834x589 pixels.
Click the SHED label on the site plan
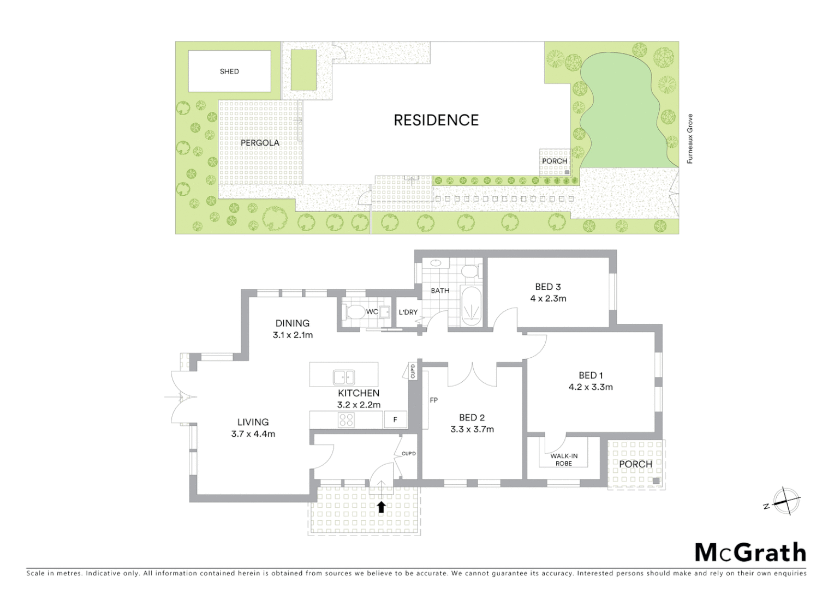pos(229,71)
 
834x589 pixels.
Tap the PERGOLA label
pos(260,143)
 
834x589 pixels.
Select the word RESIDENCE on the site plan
pos(436,121)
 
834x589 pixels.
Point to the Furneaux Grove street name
pos(690,139)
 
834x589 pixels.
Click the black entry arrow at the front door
pos(381,507)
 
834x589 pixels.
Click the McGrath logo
pos(750,552)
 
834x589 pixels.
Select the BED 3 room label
pos(547,287)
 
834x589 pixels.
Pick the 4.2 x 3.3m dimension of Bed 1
pos(591,387)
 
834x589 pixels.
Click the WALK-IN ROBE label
pos(564,460)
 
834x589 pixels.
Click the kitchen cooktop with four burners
pos(346,419)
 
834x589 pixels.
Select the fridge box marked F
pos(395,420)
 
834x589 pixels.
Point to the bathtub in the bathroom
pos(469,308)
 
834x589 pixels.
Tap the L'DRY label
pos(408,312)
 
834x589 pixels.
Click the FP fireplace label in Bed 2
pos(433,400)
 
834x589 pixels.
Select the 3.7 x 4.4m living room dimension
pos(253,434)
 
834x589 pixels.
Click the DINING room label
pos(292,323)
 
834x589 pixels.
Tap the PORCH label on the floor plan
pos(635,464)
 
